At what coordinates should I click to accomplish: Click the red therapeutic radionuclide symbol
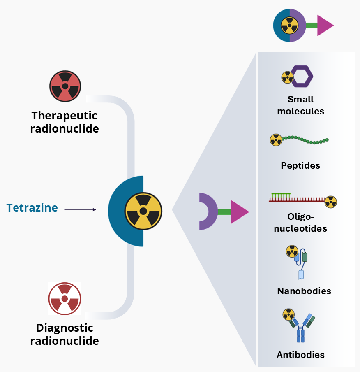pyautogui.click(x=65, y=86)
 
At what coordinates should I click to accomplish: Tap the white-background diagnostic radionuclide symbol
pyautogui.click(x=65, y=299)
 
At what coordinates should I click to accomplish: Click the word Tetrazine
pyautogui.click(x=32, y=208)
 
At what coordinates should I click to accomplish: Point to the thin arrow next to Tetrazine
pyautogui.click(x=80, y=209)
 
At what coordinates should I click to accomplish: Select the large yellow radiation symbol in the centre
pyautogui.click(x=143, y=211)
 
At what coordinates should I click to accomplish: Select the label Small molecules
pyautogui.click(x=300, y=105)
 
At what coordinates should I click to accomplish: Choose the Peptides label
pyautogui.click(x=300, y=166)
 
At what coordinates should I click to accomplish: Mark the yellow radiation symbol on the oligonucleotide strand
pyautogui.click(x=330, y=202)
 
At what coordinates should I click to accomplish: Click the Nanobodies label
pyautogui.click(x=304, y=291)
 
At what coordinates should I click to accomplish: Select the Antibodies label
pyautogui.click(x=300, y=355)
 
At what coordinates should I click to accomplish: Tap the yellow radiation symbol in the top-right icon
pyautogui.click(x=289, y=26)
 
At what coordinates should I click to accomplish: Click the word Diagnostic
pyautogui.click(x=65, y=328)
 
